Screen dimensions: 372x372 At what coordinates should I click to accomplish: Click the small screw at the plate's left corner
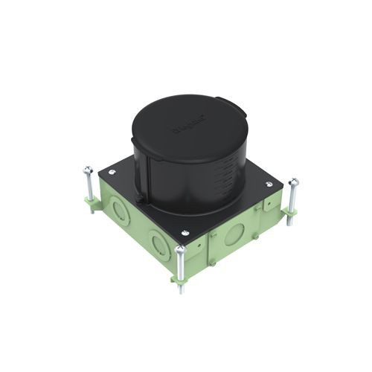112,173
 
